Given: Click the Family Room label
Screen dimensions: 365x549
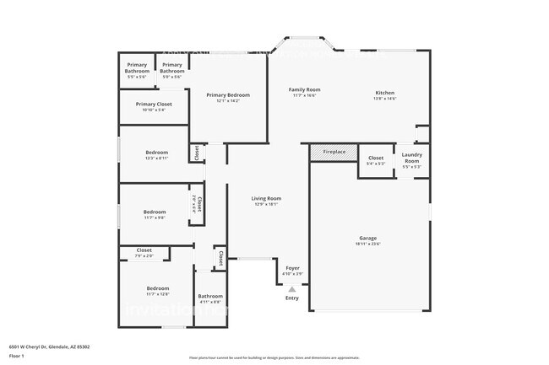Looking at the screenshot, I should [x=304, y=89].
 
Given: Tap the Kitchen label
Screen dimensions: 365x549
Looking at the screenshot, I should [x=385, y=93].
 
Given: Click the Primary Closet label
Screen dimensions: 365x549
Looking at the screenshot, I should [x=153, y=105].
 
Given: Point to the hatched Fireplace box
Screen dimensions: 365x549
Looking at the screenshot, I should [x=334, y=152].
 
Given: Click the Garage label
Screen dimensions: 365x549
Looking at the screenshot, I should [x=369, y=239].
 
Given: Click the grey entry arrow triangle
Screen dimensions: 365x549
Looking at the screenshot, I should [x=292, y=288].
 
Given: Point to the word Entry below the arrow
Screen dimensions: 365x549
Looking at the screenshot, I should [x=292, y=298].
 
